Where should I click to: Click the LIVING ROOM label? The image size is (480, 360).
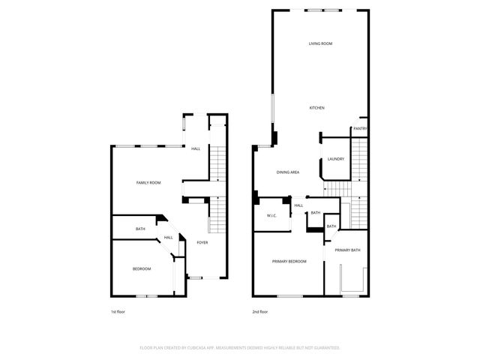[320, 43]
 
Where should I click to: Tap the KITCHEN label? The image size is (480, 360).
[317, 108]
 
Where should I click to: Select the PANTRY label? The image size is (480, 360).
[360, 129]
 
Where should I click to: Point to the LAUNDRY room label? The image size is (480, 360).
[335, 159]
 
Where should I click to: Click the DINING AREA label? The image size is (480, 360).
[288, 173]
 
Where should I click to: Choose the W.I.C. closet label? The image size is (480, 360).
[272, 216]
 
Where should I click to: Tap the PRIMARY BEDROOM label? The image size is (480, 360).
[289, 261]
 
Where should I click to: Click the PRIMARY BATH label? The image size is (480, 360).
[347, 250]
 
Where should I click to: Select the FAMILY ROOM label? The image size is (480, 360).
[148, 183]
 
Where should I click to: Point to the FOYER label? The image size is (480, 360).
[202, 243]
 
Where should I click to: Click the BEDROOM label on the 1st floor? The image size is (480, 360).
[142, 269]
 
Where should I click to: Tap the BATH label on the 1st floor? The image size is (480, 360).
[140, 229]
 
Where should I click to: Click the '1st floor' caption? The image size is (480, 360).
[118, 310]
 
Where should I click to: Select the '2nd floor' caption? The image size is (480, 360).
[259, 310]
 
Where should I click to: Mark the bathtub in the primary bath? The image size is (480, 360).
[351, 280]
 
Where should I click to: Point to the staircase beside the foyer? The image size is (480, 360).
[215, 217]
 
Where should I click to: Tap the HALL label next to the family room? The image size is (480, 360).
[196, 148]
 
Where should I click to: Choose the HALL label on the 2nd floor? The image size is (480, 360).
[298, 205]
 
